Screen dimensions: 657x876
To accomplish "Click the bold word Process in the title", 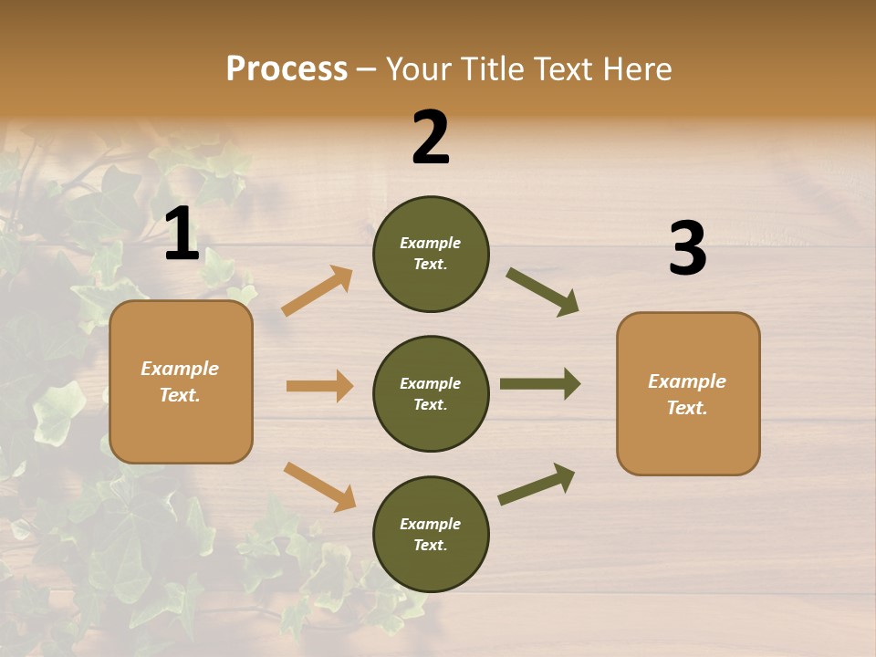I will click(x=287, y=69).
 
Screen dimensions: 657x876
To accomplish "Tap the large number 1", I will click(x=182, y=234).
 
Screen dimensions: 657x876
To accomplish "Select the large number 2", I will click(x=431, y=137).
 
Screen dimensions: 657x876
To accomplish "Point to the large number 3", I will click(x=687, y=249).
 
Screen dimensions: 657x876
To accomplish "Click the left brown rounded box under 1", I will click(x=181, y=381).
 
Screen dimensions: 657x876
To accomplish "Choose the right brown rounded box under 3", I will click(x=688, y=393).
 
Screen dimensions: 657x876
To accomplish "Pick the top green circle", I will click(x=431, y=254).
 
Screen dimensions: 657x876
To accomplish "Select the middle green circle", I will click(x=431, y=393).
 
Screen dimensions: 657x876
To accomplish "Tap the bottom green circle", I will click(x=431, y=534).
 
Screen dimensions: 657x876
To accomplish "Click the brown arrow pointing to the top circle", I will click(x=317, y=291).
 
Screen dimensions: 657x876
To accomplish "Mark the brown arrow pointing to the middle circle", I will click(x=319, y=386).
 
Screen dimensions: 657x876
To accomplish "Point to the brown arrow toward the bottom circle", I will click(x=319, y=485).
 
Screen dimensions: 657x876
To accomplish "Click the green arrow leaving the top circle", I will click(x=543, y=292).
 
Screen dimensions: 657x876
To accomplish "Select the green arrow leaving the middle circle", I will click(x=540, y=384).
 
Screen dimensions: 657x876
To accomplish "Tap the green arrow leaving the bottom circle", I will click(x=537, y=484).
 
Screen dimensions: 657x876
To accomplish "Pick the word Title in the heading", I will click(x=494, y=69).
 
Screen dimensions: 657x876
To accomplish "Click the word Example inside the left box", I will click(x=180, y=369).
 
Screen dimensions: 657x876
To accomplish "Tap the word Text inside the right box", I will click(x=687, y=408).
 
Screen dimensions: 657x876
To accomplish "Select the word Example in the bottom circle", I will click(x=431, y=524).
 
